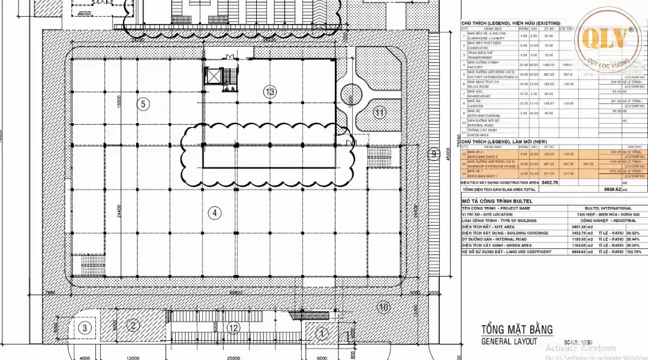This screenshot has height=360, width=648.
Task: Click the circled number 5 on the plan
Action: [142, 104]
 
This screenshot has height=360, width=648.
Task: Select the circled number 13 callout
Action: [269, 92]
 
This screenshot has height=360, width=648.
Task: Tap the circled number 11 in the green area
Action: [379, 112]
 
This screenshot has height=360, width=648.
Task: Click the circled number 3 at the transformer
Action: [85, 328]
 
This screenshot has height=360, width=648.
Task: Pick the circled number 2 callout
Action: [133, 326]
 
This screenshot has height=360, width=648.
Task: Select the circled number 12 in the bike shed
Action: [233, 328]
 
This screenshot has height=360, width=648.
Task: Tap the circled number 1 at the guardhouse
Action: [322, 333]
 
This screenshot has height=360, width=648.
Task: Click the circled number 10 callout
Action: [384, 307]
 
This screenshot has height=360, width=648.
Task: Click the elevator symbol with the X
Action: [214, 76]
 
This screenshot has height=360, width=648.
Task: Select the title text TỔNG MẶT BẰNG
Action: [517, 329]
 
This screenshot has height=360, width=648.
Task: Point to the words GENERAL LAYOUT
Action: [509, 341]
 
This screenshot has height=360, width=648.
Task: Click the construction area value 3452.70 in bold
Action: [550, 182]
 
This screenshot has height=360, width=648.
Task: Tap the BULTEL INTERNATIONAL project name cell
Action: [608, 208]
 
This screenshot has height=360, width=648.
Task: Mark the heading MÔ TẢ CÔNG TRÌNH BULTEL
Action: [497, 200]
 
